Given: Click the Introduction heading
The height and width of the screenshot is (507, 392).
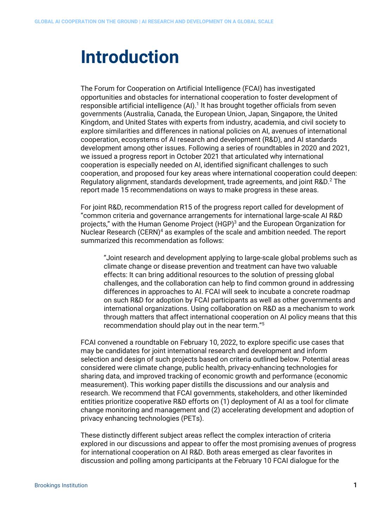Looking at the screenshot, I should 130,57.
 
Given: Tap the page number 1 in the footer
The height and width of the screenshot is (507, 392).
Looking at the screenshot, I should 355,485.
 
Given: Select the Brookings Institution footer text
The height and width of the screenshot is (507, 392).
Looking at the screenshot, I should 61,485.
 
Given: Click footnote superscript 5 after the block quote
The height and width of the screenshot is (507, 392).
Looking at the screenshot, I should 263,324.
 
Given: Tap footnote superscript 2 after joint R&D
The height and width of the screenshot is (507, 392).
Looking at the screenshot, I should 331,180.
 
